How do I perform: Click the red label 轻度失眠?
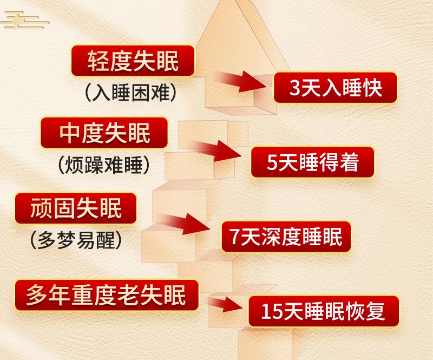(x=133, y=61)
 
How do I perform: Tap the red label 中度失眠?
(x=104, y=133)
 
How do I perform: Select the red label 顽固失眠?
(x=76, y=208)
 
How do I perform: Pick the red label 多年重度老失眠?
(x=107, y=295)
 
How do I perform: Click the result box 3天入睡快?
(x=335, y=88)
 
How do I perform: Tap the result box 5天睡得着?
(x=313, y=162)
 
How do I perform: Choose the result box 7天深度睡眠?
(x=286, y=237)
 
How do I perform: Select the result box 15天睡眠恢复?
(x=324, y=311)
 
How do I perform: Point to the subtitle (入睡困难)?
(x=130, y=93)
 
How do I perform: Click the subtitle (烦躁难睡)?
(x=104, y=165)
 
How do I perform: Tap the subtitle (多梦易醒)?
(x=76, y=240)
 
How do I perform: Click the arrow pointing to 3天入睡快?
(x=241, y=81)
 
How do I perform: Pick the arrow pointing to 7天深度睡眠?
(x=185, y=223)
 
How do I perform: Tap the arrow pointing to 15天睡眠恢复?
(x=225, y=304)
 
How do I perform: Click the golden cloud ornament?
(x=25, y=20)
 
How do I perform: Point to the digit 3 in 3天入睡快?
(x=294, y=88)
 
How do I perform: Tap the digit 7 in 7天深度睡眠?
(x=234, y=237)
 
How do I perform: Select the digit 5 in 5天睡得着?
(x=272, y=162)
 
